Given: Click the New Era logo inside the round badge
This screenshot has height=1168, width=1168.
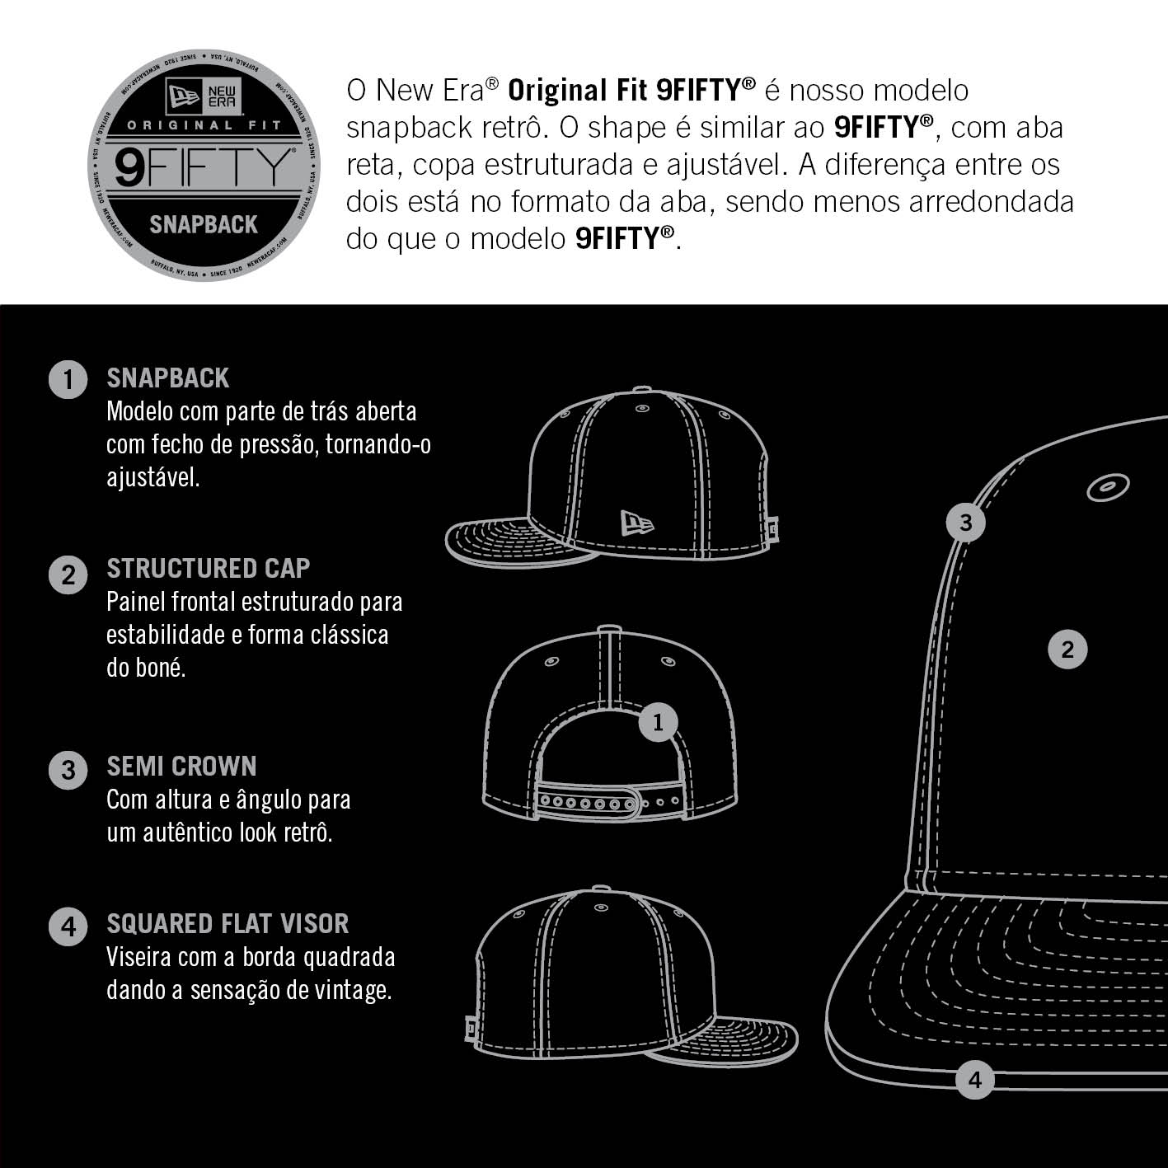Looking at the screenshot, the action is coord(204,96).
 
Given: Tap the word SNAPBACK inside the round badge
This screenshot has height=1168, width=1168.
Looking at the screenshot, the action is coord(204,225).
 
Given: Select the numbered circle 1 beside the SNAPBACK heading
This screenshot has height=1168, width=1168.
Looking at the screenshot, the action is coord(68,379).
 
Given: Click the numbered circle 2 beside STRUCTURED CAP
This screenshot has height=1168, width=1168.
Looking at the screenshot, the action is coord(68,575).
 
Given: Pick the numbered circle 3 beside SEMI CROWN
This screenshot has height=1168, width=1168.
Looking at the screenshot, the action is coord(68,771).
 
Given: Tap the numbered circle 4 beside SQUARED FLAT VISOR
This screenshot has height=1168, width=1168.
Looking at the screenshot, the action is coord(68,926).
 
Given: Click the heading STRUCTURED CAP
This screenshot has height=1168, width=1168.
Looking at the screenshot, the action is coord(209,569).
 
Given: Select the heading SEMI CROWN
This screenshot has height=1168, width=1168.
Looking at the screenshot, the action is coord(182,766).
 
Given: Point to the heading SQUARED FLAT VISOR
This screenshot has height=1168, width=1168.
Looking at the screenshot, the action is coord(228,924).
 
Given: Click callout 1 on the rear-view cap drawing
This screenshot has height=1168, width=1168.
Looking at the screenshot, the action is coord(659,722).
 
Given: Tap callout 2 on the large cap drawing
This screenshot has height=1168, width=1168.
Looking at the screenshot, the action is coord(1067,650).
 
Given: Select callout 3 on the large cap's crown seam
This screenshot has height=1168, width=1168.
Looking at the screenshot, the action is coord(965,522).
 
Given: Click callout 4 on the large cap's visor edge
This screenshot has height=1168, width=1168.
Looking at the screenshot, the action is coord(974,1080).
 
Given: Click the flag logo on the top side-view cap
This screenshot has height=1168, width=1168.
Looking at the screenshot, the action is coord(637,523).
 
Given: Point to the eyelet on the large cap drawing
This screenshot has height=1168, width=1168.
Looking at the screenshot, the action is coord(1108,487).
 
